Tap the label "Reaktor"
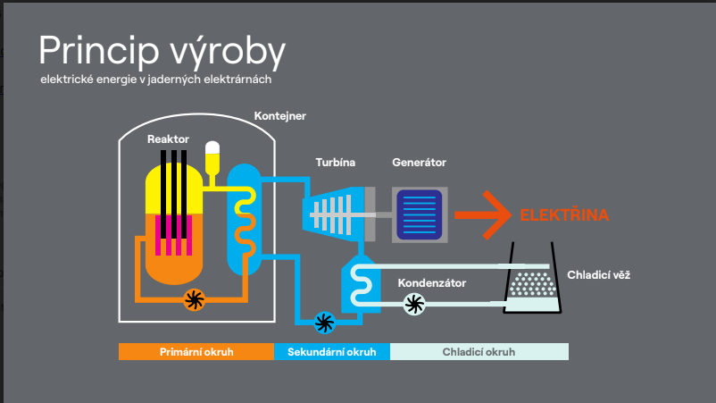click(x=168, y=139)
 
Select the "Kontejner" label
click(x=279, y=115)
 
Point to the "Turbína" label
click(x=335, y=163)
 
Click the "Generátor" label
click(x=419, y=163)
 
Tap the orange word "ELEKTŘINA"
click(x=564, y=215)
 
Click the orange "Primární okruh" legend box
click(x=196, y=352)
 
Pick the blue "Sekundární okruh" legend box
click(x=332, y=352)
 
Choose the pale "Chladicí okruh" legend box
click(x=479, y=352)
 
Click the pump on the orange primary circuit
click(x=194, y=299)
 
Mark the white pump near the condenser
click(x=414, y=305)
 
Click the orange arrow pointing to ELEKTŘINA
click(x=482, y=215)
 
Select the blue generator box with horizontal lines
click(x=420, y=215)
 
